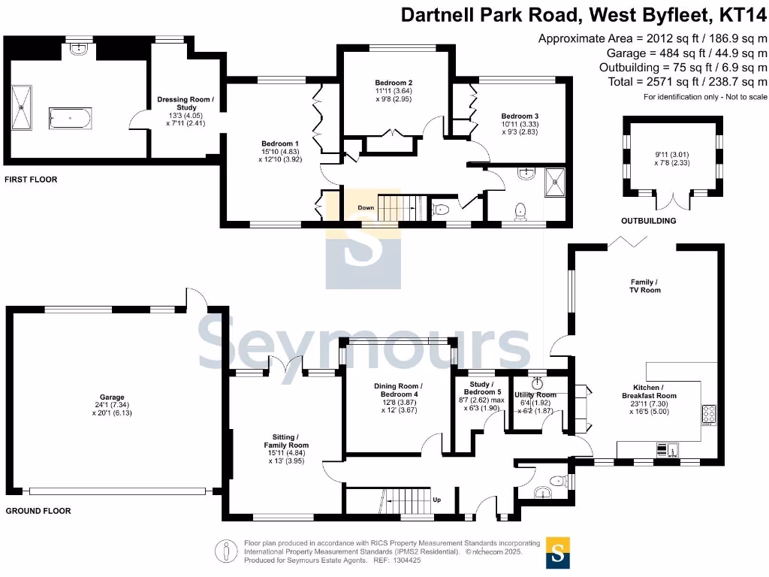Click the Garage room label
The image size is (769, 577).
[112, 397]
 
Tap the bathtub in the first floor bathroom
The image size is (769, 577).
[70, 119]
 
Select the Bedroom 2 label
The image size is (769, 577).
[394, 83]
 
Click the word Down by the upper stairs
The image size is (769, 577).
[366, 208]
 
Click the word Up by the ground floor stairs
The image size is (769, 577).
[436, 499]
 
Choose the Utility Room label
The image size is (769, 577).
[535, 395]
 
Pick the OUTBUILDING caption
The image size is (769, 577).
[648, 221]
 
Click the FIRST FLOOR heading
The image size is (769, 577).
[31, 180]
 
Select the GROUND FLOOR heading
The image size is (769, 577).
[38, 511]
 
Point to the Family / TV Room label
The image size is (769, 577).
[645, 285]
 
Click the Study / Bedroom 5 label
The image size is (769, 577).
[481, 388]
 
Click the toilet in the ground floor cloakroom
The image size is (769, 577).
[556, 482]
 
